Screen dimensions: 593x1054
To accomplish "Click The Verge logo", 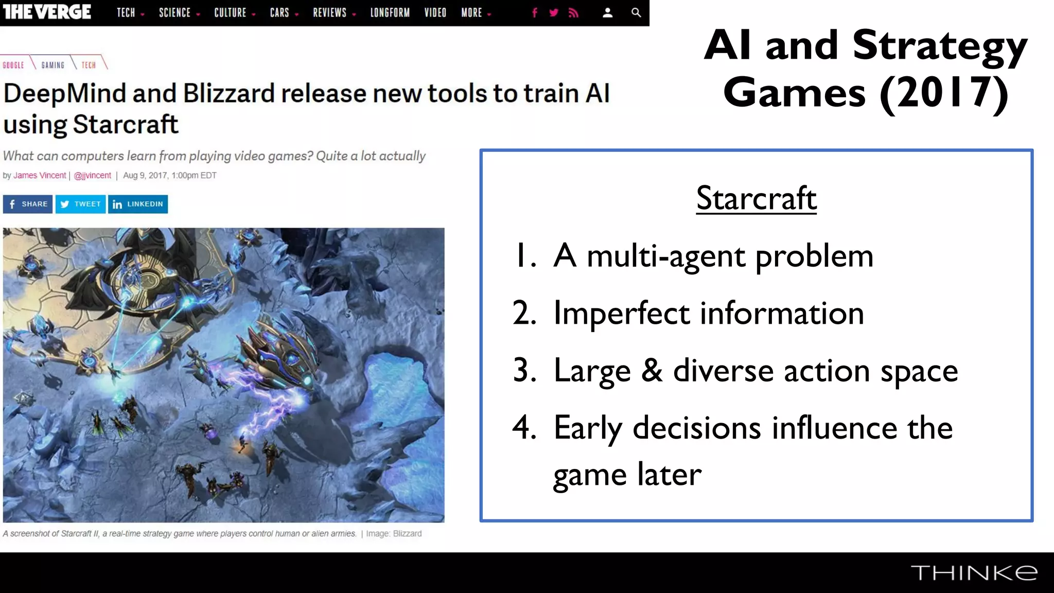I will pos(47,12).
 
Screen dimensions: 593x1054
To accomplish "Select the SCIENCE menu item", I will pos(175,12).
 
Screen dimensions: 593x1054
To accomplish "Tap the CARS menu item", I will pos(279,12).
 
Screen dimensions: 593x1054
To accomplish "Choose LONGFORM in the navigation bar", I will pos(390,12).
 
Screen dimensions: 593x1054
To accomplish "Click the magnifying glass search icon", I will pos(636,12).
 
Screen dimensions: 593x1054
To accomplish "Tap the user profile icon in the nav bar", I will pos(607,12).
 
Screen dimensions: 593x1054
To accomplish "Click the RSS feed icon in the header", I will pos(573,12).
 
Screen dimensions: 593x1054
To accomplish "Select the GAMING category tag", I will pos(53,65).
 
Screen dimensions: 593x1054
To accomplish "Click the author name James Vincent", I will pos(40,176).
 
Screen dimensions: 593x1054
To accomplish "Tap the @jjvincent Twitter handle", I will pos(93,176).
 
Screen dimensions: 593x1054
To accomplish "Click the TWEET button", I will pos(81,204).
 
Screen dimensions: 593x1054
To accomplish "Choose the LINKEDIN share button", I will pos(138,204).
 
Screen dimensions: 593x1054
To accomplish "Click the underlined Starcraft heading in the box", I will pos(756,199).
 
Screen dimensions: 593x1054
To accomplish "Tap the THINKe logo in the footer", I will pos(974,572).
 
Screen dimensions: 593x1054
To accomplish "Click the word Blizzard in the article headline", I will pos(229,94).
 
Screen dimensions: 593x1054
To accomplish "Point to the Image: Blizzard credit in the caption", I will pos(394,534).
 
